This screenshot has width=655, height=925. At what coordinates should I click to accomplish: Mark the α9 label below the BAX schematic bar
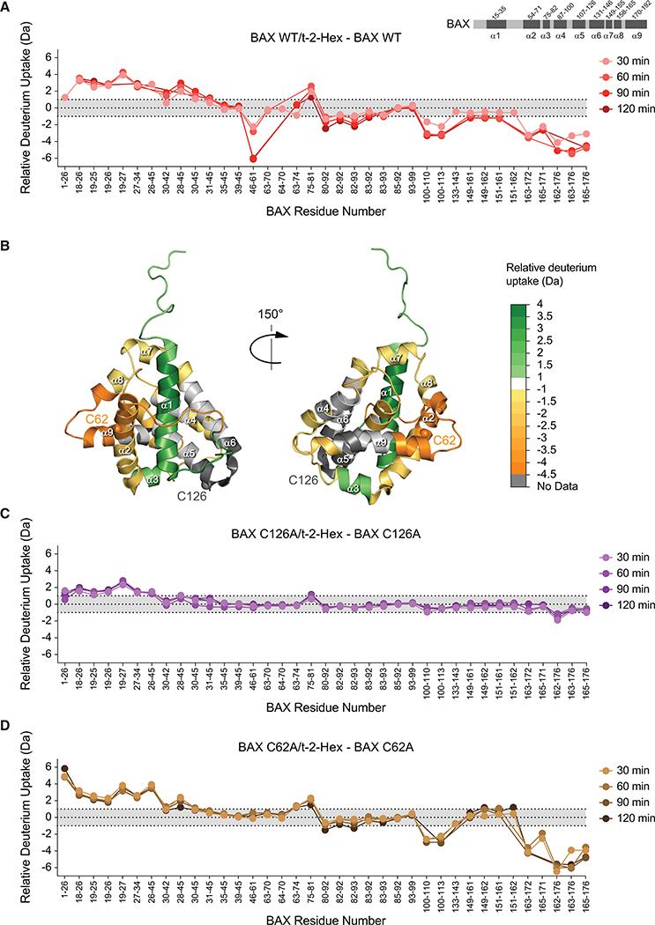pyautogui.click(x=632, y=36)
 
